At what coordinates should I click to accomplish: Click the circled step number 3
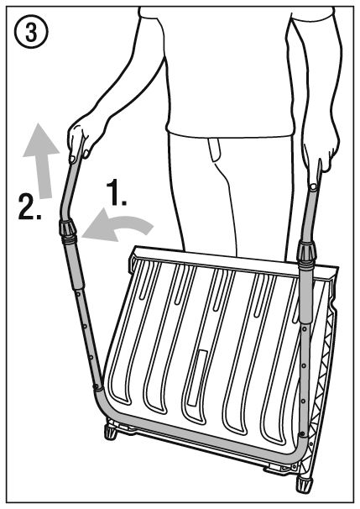pyautogui.click(x=31, y=32)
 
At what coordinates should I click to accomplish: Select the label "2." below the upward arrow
pyautogui.click(x=30, y=207)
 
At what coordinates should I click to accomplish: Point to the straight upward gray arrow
pyautogui.click(x=42, y=160)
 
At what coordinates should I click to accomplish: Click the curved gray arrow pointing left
pyautogui.click(x=117, y=225)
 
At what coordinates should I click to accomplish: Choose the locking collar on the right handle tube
pyautogui.click(x=306, y=253)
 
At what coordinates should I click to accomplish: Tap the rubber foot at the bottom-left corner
pyautogui.click(x=111, y=432)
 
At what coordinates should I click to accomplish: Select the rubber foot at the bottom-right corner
pyautogui.click(x=304, y=486)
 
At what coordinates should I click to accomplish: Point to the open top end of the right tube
pyautogui.click(x=313, y=187)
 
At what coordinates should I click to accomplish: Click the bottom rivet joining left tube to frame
pyautogui.click(x=96, y=386)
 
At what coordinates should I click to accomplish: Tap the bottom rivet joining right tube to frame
pyautogui.click(x=303, y=433)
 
